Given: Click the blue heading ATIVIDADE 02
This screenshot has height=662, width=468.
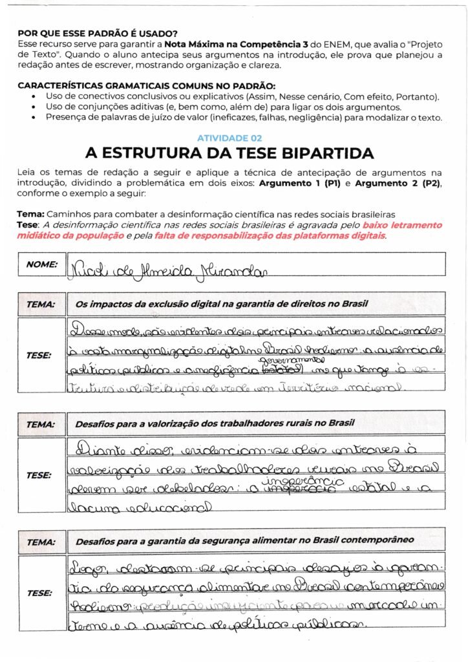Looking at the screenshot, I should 229,138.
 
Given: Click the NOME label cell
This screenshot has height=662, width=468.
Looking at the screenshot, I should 42,264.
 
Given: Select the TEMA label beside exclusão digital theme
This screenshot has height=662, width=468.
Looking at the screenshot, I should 41,303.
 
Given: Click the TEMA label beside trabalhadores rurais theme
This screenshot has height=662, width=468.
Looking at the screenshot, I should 41,424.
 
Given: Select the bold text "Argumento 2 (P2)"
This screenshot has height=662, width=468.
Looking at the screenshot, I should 400,184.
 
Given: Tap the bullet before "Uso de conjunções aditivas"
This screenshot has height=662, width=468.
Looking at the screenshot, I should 34,107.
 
